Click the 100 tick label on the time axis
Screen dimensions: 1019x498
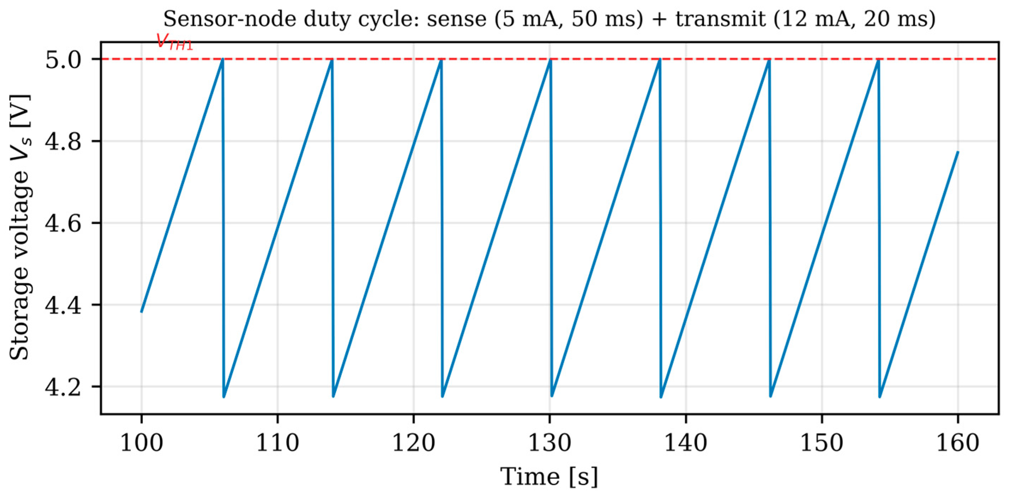pyautogui.click(x=142, y=443)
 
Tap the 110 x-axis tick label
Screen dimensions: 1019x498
pyautogui.click(x=278, y=443)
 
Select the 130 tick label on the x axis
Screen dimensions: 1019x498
pyautogui.click(x=550, y=443)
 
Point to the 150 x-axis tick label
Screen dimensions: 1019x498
pyautogui.click(x=822, y=443)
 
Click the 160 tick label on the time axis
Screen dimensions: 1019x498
pyautogui.click(x=958, y=443)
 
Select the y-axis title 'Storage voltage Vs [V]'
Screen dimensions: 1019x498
pyautogui.click(x=20, y=227)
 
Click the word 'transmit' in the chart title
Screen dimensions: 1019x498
pyautogui.click(x=720, y=19)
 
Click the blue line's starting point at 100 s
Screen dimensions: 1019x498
pyautogui.click(x=142, y=312)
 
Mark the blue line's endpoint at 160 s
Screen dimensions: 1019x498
pyautogui.click(x=958, y=152)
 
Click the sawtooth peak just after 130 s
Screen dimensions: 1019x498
pyautogui.click(x=550, y=59)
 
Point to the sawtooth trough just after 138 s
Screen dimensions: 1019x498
pyautogui.click(x=661, y=397)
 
